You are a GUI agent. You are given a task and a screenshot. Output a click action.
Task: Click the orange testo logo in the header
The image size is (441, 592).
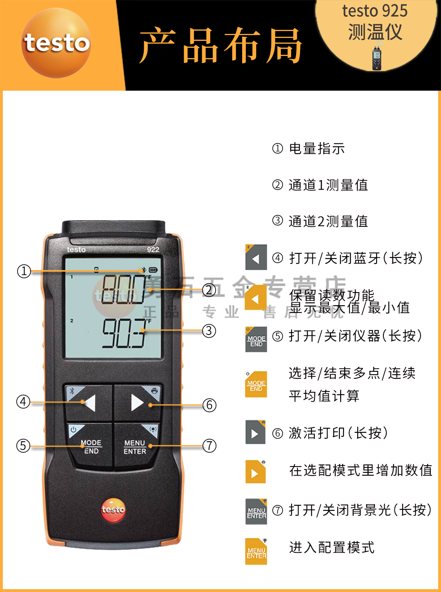pyautogui.click(x=56, y=43)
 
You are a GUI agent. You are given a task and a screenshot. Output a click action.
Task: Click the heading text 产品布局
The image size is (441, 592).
pyautogui.click(x=220, y=46)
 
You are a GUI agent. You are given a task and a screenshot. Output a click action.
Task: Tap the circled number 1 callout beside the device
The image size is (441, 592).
pyautogui.click(x=24, y=271)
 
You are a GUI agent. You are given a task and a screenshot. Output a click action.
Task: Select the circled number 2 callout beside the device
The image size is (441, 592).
pyautogui.click(x=209, y=290)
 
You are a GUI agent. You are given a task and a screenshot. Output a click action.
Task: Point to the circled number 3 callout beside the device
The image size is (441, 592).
pyautogui.click(x=209, y=331)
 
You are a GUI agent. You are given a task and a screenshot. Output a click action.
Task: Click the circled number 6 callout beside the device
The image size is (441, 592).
pyautogui.click(x=209, y=405)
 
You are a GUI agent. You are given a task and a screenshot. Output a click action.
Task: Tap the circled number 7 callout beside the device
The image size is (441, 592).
pyautogui.click(x=209, y=445)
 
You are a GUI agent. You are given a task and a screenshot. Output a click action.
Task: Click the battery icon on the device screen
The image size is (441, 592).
pyautogui.click(x=153, y=270)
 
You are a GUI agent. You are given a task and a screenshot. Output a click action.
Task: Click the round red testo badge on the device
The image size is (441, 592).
pyautogui.click(x=113, y=509)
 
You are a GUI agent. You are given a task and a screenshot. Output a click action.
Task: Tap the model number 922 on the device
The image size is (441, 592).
pyautogui.click(x=153, y=250)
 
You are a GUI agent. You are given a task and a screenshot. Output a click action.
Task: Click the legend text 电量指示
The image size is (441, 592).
pyautogui.click(x=316, y=149)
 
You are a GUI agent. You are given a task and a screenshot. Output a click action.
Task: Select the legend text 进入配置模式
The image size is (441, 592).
pyautogui.click(x=332, y=547)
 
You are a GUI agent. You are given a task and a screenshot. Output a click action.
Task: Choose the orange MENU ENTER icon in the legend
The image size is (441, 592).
pyautogui.click(x=256, y=552)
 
